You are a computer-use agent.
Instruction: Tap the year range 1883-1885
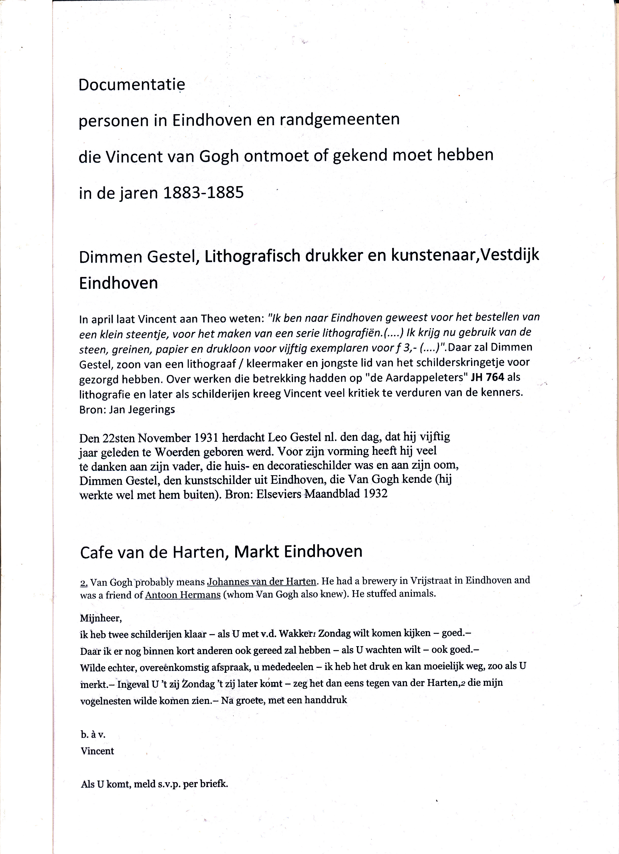point(203,193)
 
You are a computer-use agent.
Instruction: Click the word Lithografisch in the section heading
point(252,257)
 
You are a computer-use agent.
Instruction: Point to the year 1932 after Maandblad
point(375,494)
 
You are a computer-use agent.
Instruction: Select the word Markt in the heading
point(256,552)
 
